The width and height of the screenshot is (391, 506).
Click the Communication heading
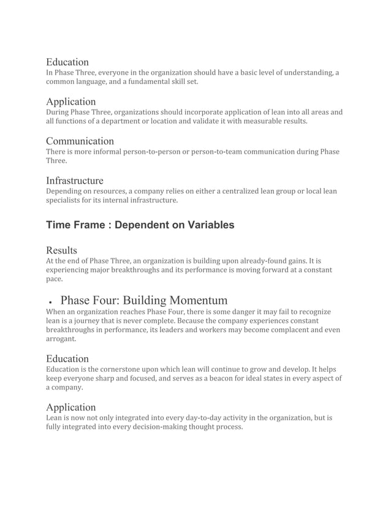point(80,141)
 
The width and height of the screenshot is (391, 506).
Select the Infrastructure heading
point(74,181)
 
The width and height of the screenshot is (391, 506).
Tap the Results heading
point(62,251)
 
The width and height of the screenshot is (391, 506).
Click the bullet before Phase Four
point(49,302)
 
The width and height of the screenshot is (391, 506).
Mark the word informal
point(104,151)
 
